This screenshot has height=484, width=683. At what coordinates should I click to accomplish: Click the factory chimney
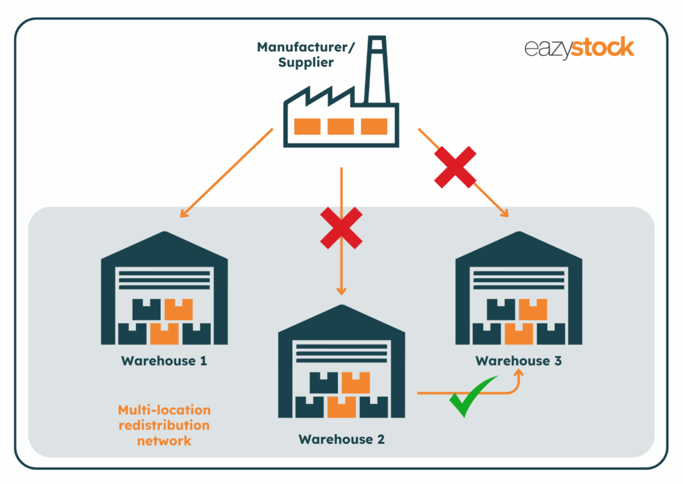[378, 70]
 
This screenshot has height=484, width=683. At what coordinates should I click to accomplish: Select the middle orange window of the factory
[341, 126]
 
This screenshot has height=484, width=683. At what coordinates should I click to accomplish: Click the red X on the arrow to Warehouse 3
[456, 167]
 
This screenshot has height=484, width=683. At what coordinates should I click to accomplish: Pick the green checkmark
[473, 398]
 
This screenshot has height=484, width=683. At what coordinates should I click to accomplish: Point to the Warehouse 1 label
[164, 361]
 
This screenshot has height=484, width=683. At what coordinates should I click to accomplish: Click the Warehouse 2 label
[341, 439]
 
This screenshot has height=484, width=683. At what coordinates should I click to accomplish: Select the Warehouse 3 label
[519, 361]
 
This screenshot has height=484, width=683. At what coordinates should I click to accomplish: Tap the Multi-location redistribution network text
[164, 425]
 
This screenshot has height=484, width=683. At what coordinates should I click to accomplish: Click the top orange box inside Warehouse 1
[178, 309]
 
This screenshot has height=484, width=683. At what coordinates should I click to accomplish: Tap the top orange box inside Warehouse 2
[356, 382]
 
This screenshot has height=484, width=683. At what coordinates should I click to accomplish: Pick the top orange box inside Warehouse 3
[533, 309]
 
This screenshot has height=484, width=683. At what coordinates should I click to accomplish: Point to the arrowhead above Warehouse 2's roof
[341, 291]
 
